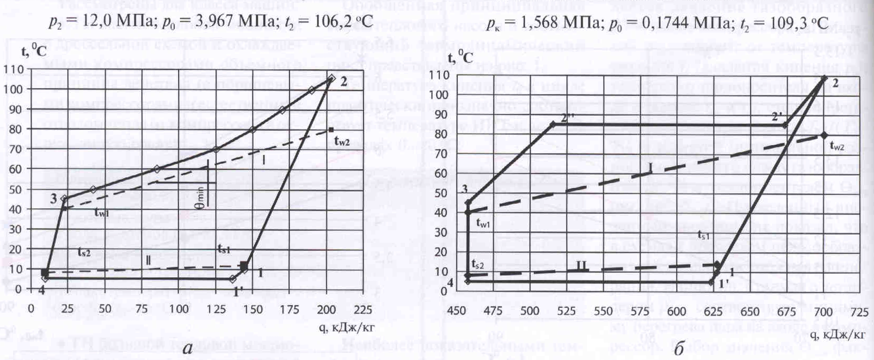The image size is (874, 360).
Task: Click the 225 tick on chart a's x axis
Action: pos(363,309)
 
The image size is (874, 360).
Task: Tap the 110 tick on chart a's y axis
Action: pos(13,70)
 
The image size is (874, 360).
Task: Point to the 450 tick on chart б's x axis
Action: pos(457,311)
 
